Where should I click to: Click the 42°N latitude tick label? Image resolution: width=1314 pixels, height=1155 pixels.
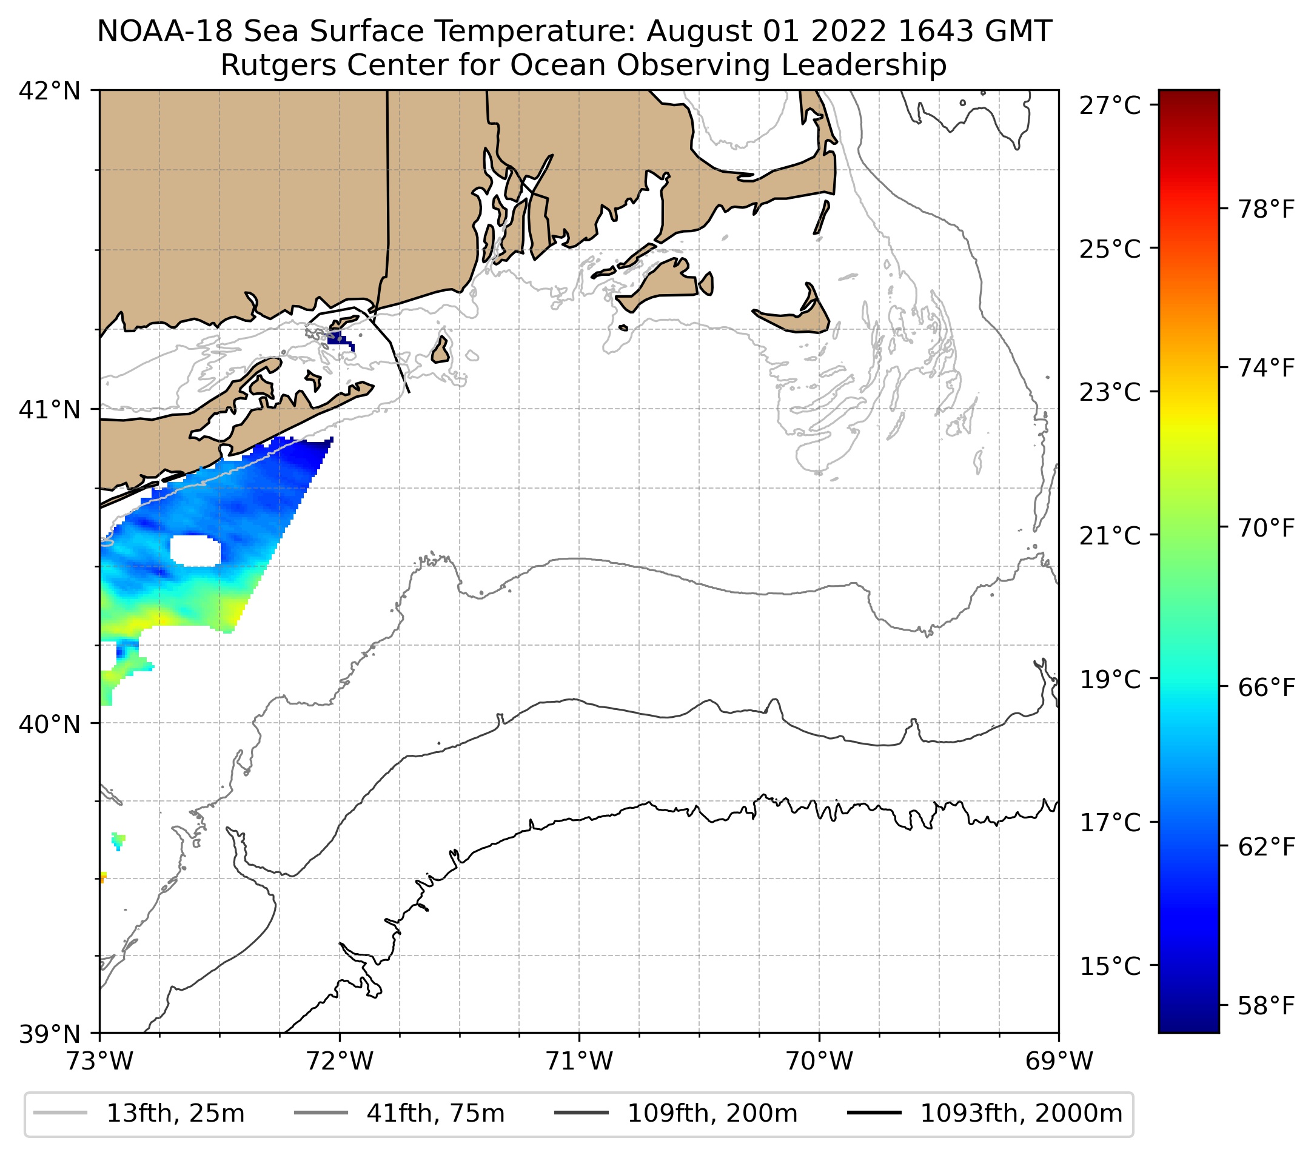[x=50, y=92]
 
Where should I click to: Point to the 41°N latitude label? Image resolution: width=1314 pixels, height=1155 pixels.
[x=50, y=409]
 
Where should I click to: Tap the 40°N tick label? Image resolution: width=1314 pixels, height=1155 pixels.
[x=50, y=725]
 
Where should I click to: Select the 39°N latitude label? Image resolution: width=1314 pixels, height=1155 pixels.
[x=50, y=1034]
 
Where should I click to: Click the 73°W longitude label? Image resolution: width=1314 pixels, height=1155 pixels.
[x=100, y=1061]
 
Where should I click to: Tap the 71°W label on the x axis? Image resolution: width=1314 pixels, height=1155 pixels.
[x=579, y=1061]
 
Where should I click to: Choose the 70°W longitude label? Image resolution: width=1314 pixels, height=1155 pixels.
[x=820, y=1061]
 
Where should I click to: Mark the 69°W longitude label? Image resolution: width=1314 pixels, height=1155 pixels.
[x=1059, y=1061]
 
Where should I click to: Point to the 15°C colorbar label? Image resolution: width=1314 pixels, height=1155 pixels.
[x=1110, y=966]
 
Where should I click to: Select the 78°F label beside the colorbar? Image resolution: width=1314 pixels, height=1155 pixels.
[x=1265, y=209]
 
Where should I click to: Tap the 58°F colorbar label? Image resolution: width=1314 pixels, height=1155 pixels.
[x=1265, y=1006]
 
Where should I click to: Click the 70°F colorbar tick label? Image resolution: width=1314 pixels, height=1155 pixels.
[x=1265, y=527]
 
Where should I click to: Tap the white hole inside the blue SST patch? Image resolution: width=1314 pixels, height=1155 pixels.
[x=195, y=551]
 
